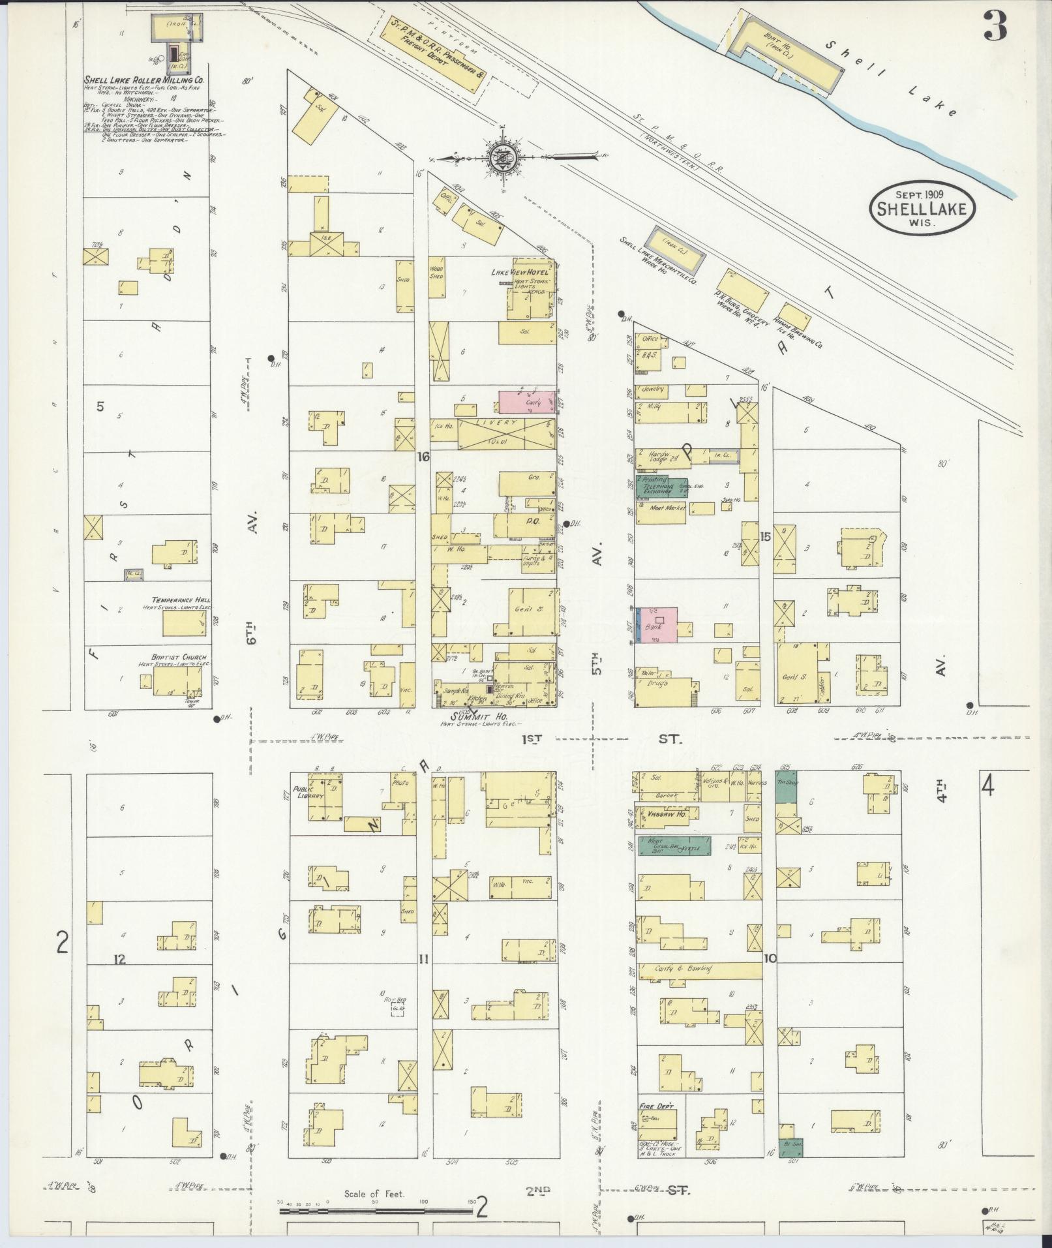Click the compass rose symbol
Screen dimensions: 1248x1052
(x=504, y=157)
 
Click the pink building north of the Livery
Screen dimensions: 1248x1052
(x=527, y=402)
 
